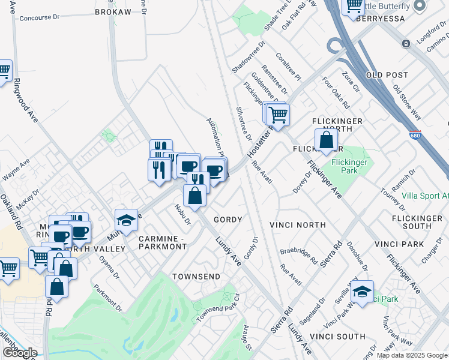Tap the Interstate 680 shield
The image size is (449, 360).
click(x=415, y=135)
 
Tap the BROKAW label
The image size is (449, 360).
click(x=113, y=12)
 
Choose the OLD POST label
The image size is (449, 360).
click(x=387, y=75)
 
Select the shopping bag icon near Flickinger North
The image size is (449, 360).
click(x=326, y=140)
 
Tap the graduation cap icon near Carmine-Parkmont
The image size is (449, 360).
click(x=127, y=220)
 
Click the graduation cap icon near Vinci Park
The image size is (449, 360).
click(x=362, y=292)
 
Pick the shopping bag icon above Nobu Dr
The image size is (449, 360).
click(x=194, y=196)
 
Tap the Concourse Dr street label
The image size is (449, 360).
click(x=41, y=18)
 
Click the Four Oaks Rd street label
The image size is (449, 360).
click(x=336, y=92)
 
